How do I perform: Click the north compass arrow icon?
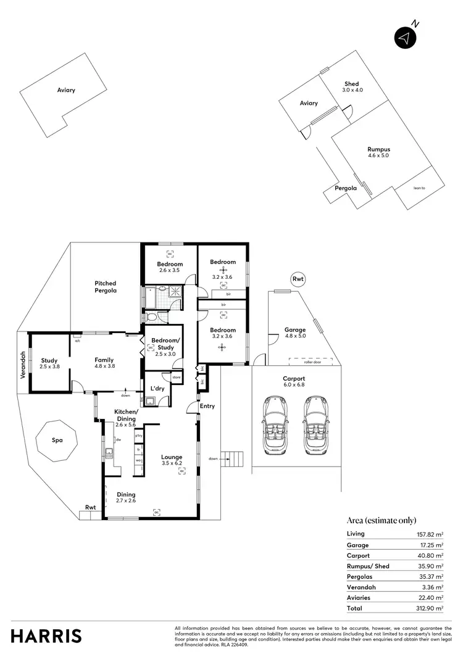click(404, 37)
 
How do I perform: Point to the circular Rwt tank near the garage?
click(298, 279)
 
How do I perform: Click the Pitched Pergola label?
click(106, 286)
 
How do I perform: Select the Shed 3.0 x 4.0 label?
click(351, 87)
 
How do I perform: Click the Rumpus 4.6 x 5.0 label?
click(378, 152)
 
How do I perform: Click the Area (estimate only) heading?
click(382, 520)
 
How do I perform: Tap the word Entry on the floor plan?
click(207, 405)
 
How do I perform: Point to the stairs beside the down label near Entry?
click(233, 458)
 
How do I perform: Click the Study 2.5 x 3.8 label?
click(49, 364)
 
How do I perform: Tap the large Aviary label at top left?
click(66, 90)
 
